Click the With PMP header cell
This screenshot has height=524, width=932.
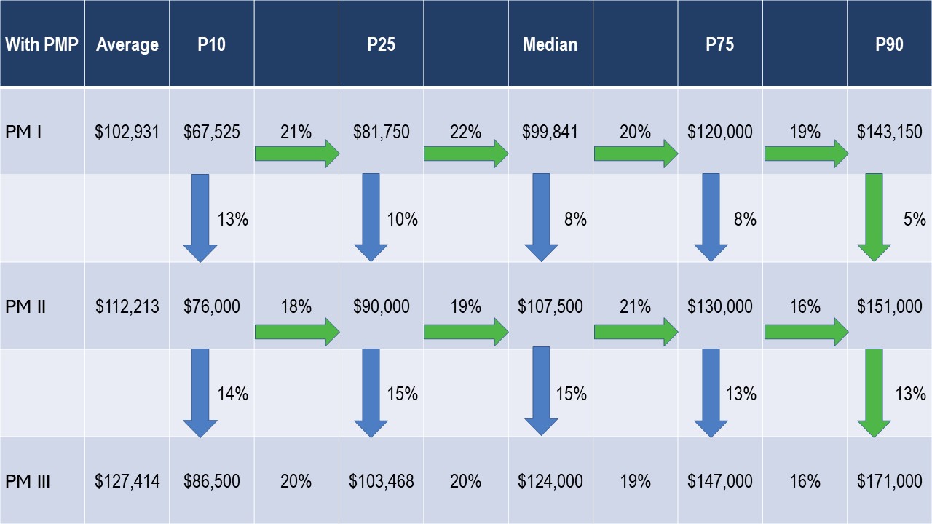point(42,44)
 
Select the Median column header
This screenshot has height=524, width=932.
point(550,44)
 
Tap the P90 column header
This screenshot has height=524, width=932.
point(889,44)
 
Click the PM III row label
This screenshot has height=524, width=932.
point(28,481)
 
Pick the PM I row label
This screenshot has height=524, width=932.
point(23,132)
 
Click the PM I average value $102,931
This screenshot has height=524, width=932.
point(127,132)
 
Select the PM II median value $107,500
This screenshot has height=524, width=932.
point(550,306)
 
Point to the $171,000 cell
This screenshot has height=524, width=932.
point(889,481)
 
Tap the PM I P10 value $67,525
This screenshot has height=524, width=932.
point(211,132)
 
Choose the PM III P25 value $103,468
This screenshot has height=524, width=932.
point(381,481)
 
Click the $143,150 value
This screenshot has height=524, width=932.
point(889,132)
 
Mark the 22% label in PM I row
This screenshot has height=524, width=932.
point(466,132)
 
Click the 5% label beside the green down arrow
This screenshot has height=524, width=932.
point(915,218)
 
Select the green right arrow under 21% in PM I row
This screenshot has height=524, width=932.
point(296,154)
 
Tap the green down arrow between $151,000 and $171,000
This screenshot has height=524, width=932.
point(874,393)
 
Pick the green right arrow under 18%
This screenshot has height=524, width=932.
point(296,332)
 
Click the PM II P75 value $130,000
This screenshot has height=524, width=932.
point(719,306)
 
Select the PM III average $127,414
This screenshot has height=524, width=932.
point(127,481)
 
